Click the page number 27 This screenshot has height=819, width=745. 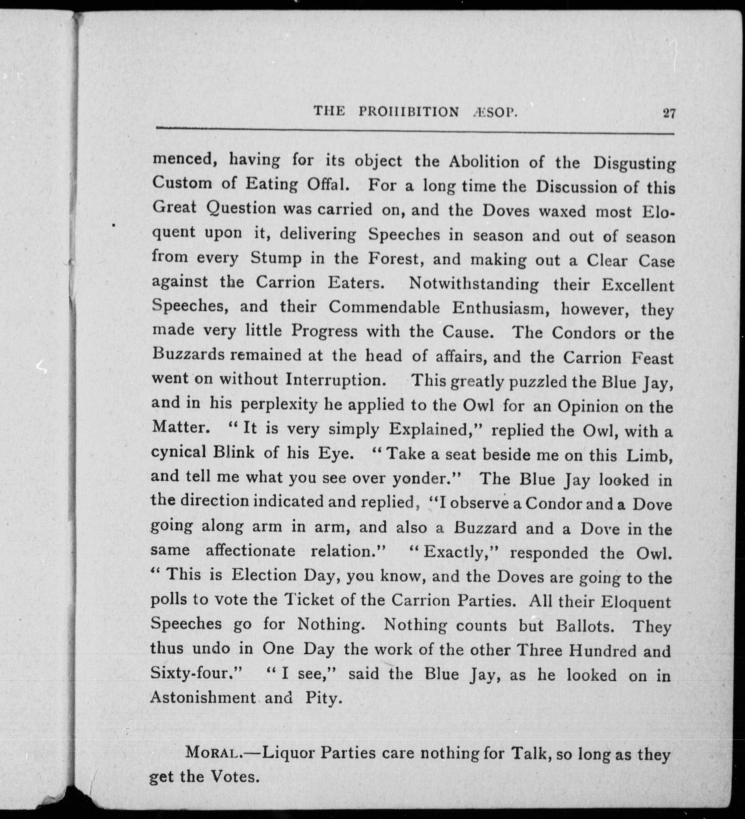coord(669,113)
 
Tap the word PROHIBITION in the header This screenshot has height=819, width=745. coord(409,112)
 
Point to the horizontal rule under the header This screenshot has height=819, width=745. coord(414,130)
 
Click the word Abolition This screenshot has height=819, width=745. coord(483,162)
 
